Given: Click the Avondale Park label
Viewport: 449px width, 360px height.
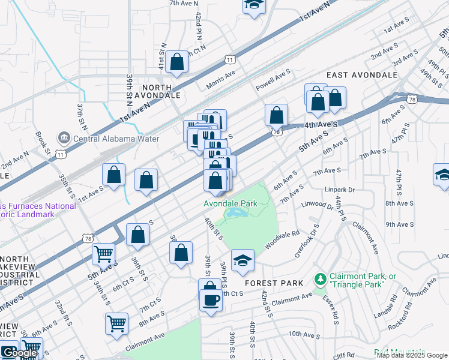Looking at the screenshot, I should pos(231,203).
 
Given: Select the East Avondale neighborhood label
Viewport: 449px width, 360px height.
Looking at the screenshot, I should pos(362,75).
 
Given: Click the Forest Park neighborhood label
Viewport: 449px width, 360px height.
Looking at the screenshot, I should pos(269,283).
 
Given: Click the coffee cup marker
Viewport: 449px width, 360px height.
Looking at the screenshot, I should pos(211,299).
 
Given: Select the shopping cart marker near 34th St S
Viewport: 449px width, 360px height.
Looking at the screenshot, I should pos(103,254).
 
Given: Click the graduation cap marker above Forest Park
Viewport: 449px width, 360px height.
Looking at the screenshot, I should pos(243,260).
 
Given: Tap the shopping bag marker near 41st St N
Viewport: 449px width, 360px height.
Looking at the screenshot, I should pos(177,62).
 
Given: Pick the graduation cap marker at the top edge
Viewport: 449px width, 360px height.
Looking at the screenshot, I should pos(254,5).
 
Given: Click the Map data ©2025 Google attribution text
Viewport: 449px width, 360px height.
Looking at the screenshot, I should pos(411,355).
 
